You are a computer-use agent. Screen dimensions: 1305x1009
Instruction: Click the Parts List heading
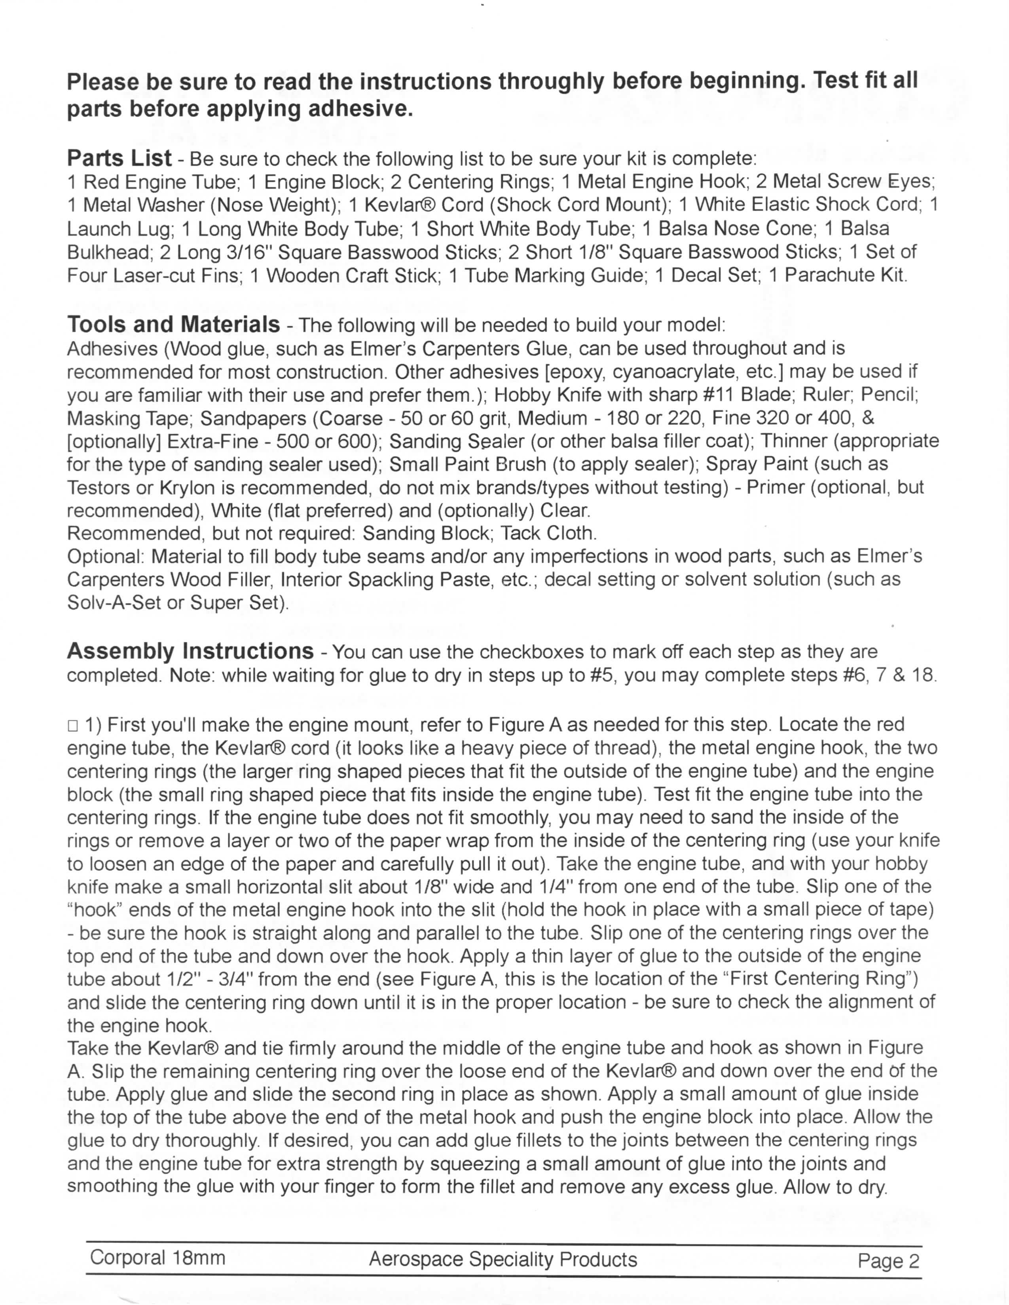(x=119, y=158)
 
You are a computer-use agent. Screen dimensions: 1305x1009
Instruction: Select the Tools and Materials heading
(x=173, y=324)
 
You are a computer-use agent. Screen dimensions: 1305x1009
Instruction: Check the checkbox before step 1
(x=73, y=726)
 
